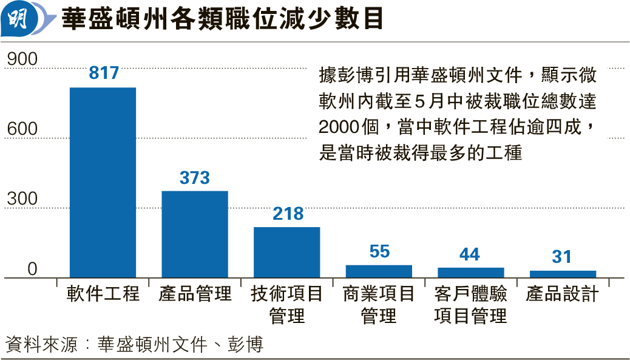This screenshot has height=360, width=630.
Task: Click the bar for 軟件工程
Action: point(103,182)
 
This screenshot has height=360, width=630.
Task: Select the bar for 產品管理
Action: point(195,234)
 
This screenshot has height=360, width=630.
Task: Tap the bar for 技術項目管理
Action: point(286,252)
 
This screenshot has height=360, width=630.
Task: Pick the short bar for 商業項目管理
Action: point(379,271)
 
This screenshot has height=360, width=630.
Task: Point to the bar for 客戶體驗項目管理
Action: point(471,273)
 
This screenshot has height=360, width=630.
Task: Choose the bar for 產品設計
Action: point(563,274)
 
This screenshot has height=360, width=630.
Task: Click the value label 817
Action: point(104,73)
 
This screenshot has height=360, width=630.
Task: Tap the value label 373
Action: point(195,178)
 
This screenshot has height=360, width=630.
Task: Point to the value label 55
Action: point(379,251)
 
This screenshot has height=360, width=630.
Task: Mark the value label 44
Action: point(470,254)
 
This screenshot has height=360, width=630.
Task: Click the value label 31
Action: point(562,257)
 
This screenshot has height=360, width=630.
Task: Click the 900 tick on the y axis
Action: point(22,59)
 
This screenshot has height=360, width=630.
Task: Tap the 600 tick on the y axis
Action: point(22,129)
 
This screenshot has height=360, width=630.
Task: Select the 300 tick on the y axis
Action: point(22,199)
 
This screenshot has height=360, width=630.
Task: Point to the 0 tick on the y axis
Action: point(32,269)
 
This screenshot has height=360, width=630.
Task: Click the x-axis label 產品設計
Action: point(563,294)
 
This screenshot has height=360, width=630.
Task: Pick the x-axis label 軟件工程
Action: point(103,294)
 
